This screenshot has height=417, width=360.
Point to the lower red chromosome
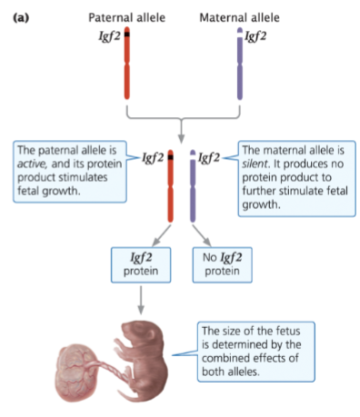(x=171, y=187)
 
